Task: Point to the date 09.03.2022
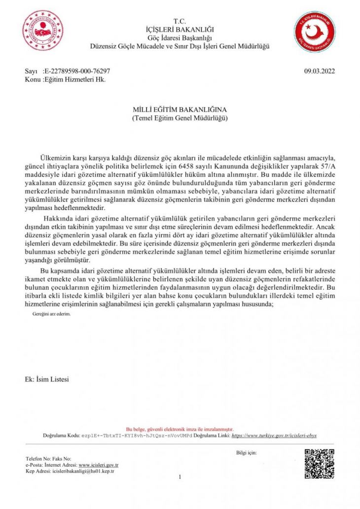point(320,71)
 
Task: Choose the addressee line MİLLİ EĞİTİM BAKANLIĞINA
point(180,110)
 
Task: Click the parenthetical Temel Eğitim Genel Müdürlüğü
point(180,118)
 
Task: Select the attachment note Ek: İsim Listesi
point(47,379)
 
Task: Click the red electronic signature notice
point(180,429)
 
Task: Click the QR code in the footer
point(319,464)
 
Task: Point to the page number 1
point(180,477)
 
